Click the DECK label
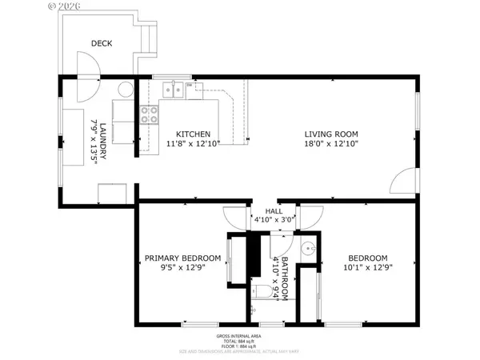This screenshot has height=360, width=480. (102, 43)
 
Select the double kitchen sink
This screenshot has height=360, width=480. (172, 90)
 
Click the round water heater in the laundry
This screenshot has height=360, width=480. (126, 90)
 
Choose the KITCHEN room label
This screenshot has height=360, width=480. (194, 134)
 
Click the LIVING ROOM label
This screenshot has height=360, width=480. (330, 134)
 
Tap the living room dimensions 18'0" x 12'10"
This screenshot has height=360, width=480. (330, 144)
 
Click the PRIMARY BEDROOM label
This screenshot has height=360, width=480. (182, 258)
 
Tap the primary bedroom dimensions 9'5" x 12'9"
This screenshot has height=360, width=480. (182, 269)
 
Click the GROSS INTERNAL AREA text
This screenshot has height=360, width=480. (240, 335)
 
